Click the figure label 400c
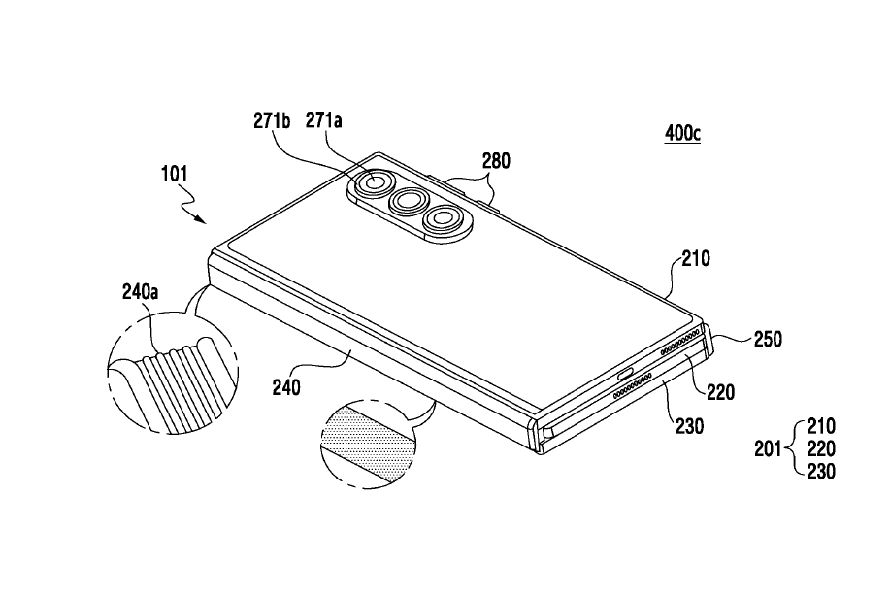682,133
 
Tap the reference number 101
175,174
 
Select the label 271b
272,121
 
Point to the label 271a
324,120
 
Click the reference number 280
496,161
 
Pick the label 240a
141,292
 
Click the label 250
768,340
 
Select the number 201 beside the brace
768,449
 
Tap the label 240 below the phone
285,388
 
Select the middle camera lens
409,201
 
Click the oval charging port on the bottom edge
626,375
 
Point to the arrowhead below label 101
201,218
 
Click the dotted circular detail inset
368,443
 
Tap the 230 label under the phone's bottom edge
689,426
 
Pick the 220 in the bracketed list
821,449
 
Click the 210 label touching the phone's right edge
696,259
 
